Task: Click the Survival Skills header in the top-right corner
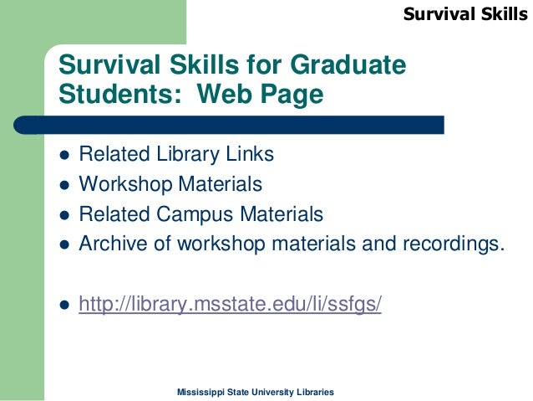coord(466,13)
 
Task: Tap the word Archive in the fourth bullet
coord(111,244)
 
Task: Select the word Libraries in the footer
coord(316,392)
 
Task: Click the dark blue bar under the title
coord(251,125)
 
